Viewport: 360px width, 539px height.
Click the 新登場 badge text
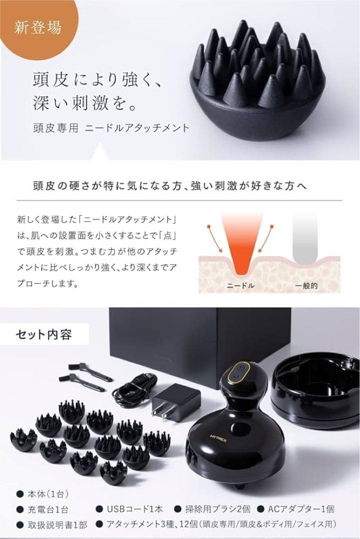[x=45, y=27]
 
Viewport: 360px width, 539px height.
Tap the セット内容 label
[x=44, y=333]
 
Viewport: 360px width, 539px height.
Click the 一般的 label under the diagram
[x=306, y=286]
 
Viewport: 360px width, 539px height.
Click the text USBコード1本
[x=131, y=510]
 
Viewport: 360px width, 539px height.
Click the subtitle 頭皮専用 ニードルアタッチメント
[x=109, y=128]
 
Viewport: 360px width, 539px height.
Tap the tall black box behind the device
[x=200, y=339]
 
